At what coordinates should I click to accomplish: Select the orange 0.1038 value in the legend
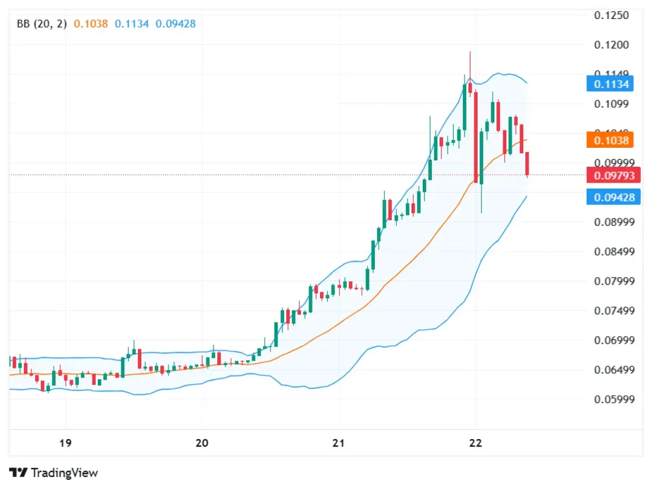(x=91, y=24)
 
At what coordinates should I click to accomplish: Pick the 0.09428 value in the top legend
(x=175, y=24)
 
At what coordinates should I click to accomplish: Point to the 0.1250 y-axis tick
(x=611, y=15)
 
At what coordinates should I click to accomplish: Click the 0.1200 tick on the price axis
(x=611, y=45)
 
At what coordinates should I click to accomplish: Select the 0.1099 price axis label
(x=611, y=104)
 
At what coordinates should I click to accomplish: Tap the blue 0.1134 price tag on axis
(x=611, y=84)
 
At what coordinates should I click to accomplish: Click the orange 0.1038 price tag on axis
(x=611, y=141)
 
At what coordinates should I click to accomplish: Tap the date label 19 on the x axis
(x=65, y=443)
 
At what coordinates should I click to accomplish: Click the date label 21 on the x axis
(x=339, y=443)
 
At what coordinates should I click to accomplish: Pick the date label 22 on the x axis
(x=475, y=443)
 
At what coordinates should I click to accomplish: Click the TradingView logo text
(x=64, y=473)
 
